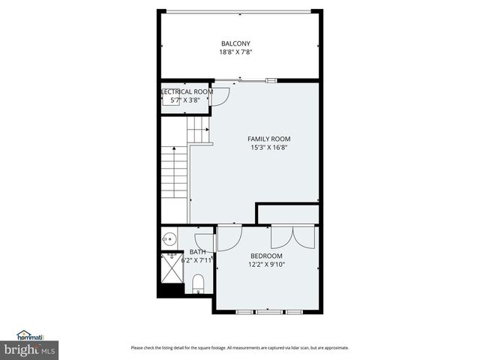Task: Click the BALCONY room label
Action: click(x=235, y=43)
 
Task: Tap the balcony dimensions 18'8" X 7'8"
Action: click(x=235, y=52)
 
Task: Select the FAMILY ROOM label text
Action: click(x=269, y=139)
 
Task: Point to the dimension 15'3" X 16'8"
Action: click(x=269, y=148)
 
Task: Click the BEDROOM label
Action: click(x=266, y=256)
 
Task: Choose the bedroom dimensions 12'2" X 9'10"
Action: click(x=266, y=264)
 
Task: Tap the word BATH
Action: click(x=197, y=252)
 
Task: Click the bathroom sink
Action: click(x=168, y=240)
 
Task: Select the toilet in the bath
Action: click(x=199, y=283)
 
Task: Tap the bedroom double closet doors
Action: click(x=293, y=237)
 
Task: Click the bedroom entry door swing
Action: click(x=228, y=238)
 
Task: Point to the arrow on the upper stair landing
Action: click(x=198, y=130)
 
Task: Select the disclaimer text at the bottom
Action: click(x=240, y=347)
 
